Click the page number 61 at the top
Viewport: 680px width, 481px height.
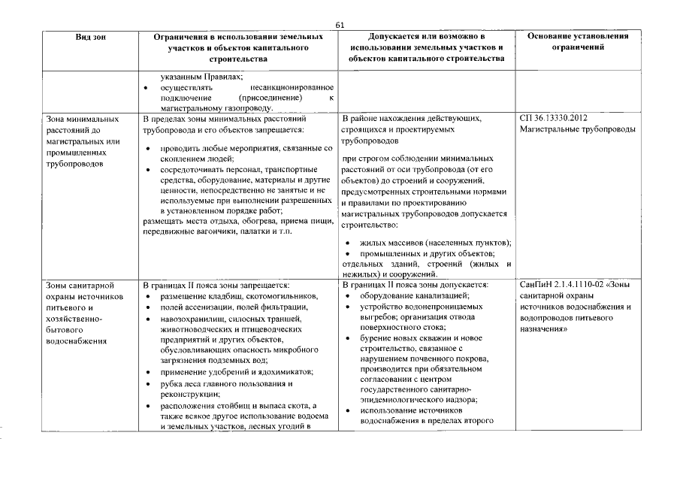pos(340,25)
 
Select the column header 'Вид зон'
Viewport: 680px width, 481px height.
pos(90,37)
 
